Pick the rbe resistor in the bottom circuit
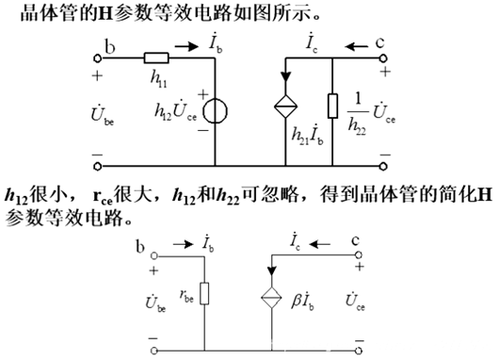point(205,293)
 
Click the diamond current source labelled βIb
point(269,297)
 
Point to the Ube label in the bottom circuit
point(156,303)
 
